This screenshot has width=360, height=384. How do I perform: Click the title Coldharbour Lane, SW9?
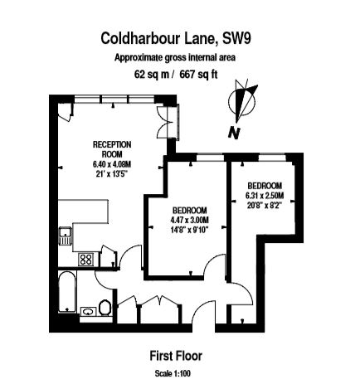pyautogui.click(x=176, y=38)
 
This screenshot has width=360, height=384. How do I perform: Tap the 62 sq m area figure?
pyautogui.click(x=152, y=75)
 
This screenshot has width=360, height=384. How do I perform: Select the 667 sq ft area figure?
pyautogui.click(x=198, y=75)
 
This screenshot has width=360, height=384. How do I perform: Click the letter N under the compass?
pyautogui.click(x=234, y=134)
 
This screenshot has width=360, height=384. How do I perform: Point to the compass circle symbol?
pyautogui.click(x=242, y=101)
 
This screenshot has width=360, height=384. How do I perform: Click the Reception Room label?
pyautogui.click(x=112, y=149)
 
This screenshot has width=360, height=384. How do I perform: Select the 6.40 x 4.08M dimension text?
pyautogui.click(x=112, y=164)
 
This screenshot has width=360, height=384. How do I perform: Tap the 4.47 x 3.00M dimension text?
pyautogui.click(x=190, y=220)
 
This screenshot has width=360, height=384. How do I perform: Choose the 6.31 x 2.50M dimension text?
pyautogui.click(x=265, y=196)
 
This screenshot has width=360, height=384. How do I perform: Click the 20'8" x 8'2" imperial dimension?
pyautogui.click(x=265, y=206)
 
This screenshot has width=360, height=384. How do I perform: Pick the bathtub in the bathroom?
pyautogui.click(x=67, y=292)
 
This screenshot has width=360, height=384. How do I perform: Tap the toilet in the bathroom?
pyautogui.click(x=105, y=308)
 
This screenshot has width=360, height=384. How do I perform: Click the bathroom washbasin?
pyautogui.click(x=89, y=312)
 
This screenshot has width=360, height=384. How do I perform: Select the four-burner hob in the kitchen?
pyautogui.click(x=86, y=260)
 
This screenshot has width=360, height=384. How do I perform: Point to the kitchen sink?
pyautogui.click(x=66, y=236)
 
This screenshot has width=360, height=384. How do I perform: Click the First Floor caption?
pyautogui.click(x=176, y=356)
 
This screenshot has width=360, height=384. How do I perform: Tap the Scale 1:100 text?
pyautogui.click(x=173, y=373)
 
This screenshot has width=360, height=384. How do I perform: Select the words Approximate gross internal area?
pyautogui.click(x=175, y=58)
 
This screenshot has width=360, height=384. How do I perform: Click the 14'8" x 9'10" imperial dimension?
pyautogui.click(x=190, y=230)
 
